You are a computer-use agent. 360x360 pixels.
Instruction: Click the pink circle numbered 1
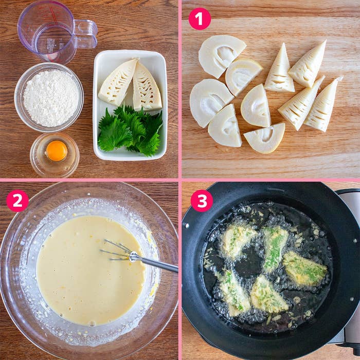pos(200,19)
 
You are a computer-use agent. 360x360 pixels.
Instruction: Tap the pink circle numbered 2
pos(17,201)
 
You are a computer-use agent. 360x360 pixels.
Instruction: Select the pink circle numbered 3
pos(202,201)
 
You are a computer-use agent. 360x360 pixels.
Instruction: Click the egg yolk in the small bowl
pos(56,151)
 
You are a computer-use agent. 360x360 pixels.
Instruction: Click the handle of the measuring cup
pos(86,34)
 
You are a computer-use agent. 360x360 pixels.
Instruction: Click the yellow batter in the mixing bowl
pos(82,278)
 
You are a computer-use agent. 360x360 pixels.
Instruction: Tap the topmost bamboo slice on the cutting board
pos(221,55)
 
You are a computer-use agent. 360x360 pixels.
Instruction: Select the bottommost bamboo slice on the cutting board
pos(265,138)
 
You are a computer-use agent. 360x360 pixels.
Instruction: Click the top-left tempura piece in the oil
pos(238,239)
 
